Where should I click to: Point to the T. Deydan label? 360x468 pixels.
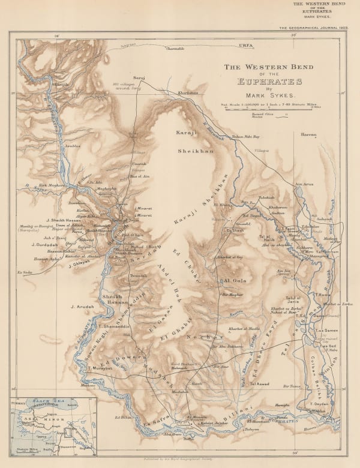pos(320,421)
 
